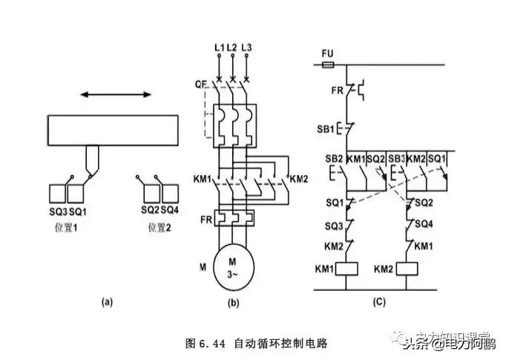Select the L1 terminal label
pyautogui.click(x=219, y=48)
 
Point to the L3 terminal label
pyautogui.click(x=246, y=48)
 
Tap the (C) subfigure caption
pyautogui.click(x=378, y=301)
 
